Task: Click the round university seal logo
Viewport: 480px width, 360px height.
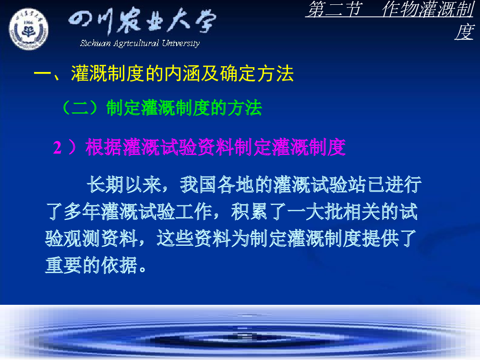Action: pos(28,29)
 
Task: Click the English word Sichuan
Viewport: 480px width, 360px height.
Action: pos(95,43)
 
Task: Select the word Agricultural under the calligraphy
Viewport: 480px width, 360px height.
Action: pos(136,43)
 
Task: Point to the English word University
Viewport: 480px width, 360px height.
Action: pos(181,43)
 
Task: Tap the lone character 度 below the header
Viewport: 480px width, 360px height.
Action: pos(464,32)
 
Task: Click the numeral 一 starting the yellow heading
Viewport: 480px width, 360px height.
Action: pos(42,74)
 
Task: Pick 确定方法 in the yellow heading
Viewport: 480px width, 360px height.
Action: pos(257,74)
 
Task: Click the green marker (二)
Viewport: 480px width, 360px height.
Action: pos(80,108)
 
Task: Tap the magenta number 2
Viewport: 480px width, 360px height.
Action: pos(57,147)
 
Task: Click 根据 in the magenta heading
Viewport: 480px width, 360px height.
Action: pos(104,147)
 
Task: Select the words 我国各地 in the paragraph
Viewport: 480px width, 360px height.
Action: pos(217,185)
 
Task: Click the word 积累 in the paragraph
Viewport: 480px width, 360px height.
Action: pos(250,212)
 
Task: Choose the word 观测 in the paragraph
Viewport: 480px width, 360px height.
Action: pos(83,238)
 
